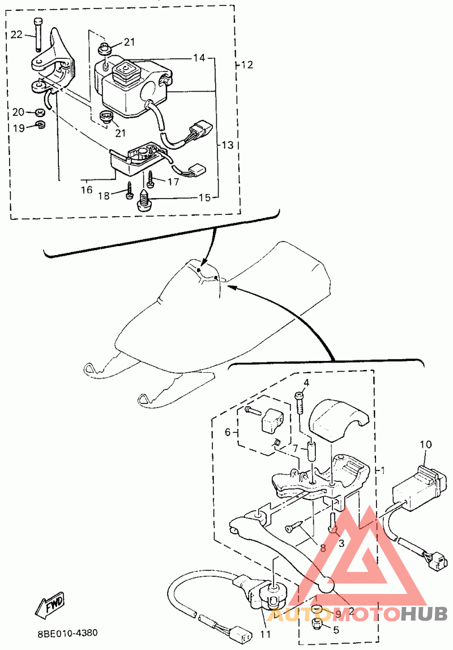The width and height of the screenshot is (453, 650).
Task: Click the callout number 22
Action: point(16,35)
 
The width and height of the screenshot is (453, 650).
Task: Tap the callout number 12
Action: point(246,64)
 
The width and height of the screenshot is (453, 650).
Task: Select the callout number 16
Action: point(86,190)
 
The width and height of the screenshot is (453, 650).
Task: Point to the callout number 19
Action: point(18,128)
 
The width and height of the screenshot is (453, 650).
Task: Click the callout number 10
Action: point(425,445)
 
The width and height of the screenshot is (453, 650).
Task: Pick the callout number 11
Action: point(265,634)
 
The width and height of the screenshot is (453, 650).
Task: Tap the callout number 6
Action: point(228,432)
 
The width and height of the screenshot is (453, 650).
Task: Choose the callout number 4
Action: point(306,383)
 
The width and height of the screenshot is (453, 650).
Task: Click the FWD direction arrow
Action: point(50,604)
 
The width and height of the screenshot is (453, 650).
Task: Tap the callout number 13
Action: point(227,145)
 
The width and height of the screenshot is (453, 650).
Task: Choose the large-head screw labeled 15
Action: point(143,201)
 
